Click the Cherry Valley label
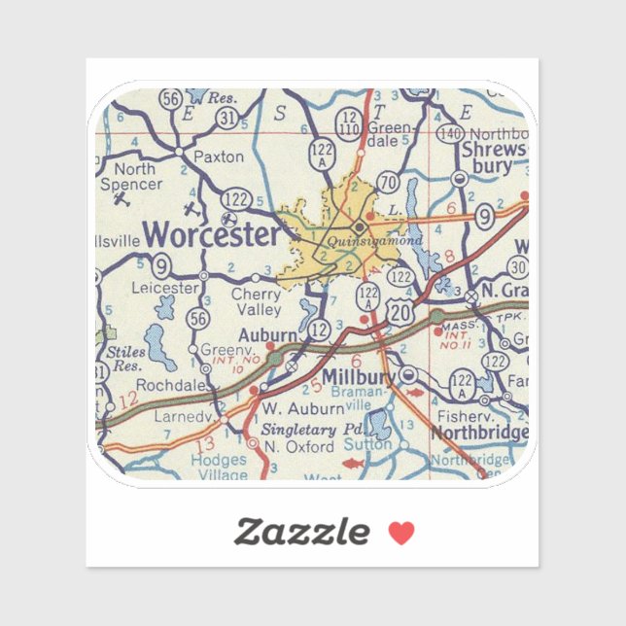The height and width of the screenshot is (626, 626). pos(256,301)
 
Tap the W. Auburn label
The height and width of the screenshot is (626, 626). pos(293,408)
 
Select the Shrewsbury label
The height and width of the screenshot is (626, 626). pos(495,157)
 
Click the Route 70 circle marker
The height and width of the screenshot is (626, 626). pos(389,181)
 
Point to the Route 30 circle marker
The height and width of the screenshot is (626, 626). pos(518,269)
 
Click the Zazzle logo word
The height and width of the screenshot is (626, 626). pos(302,531)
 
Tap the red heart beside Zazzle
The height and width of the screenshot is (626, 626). pos(401,532)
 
